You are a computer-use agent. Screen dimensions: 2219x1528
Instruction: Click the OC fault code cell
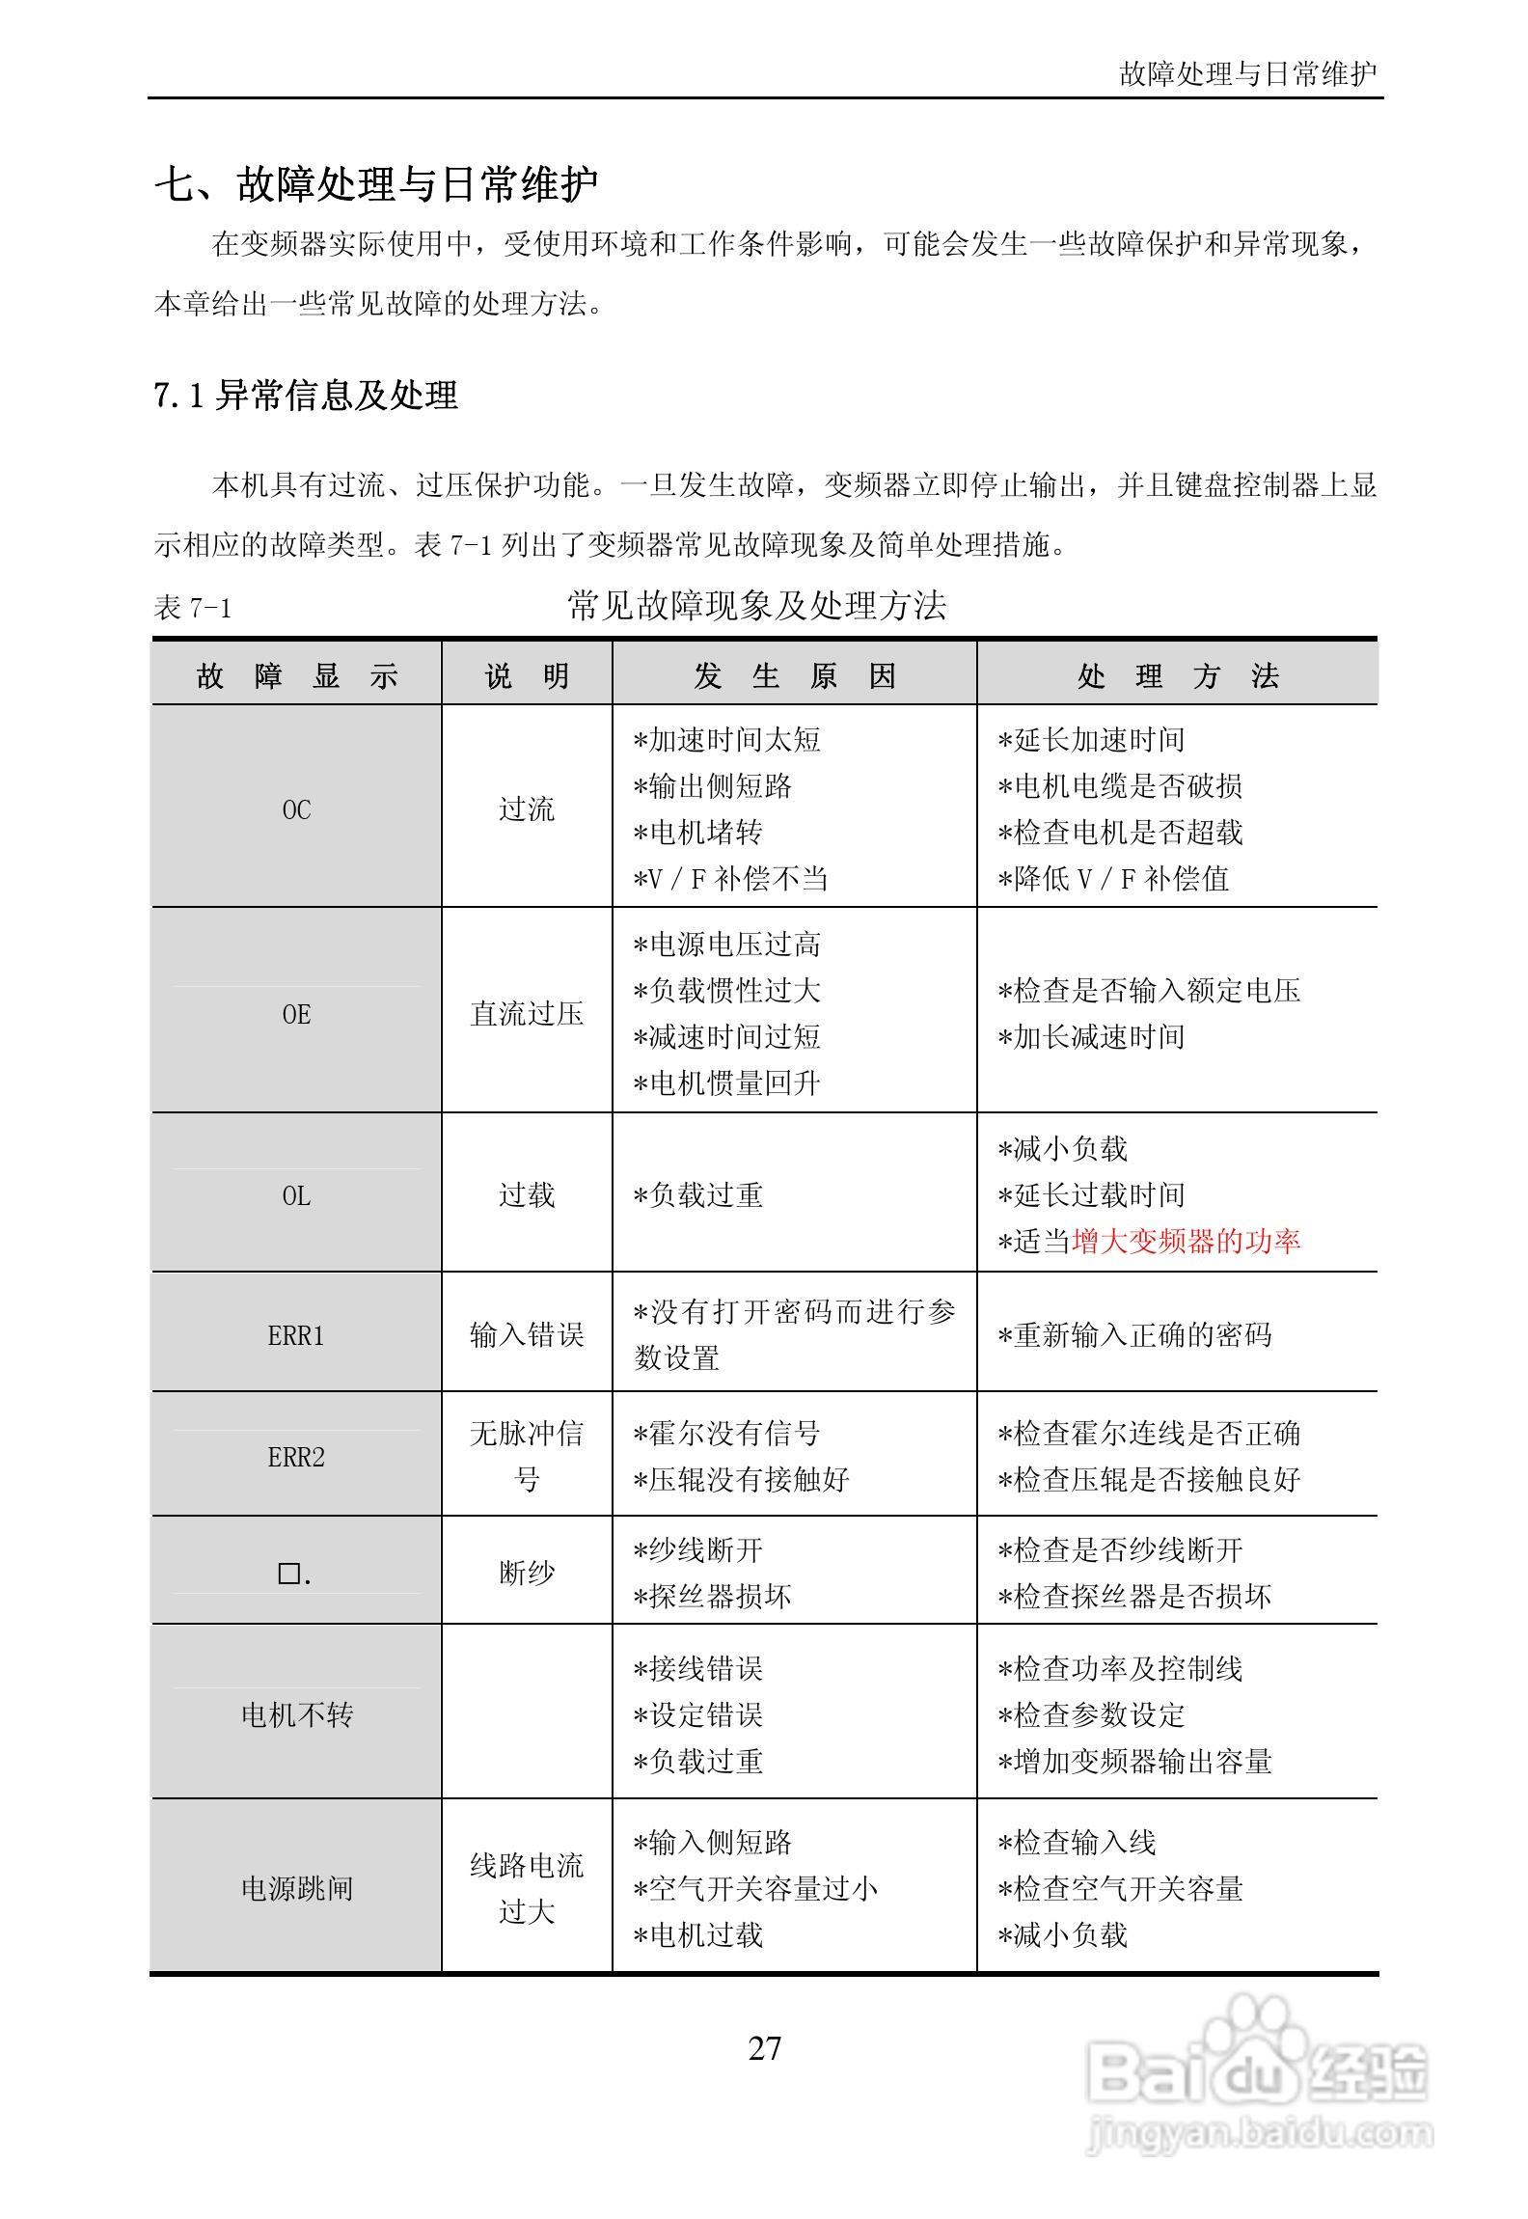coord(296,809)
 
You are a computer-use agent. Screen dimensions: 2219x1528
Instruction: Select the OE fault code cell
coord(296,1014)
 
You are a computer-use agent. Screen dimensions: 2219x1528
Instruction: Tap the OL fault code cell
coord(296,1195)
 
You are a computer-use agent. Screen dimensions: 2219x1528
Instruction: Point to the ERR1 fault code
coord(296,1335)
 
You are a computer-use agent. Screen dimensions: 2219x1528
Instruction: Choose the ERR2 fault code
coord(296,1457)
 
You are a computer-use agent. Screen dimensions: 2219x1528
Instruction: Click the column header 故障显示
coord(297,676)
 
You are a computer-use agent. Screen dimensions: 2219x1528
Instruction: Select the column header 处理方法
coord(1178,676)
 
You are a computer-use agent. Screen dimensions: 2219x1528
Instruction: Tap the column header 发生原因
coord(795,676)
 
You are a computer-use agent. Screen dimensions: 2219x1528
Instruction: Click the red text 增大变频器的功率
coord(1186,1241)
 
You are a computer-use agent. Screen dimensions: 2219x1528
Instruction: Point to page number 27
coord(764,2047)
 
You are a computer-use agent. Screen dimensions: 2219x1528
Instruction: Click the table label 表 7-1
coord(193,609)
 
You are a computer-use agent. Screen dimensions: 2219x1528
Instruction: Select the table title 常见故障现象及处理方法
coord(757,606)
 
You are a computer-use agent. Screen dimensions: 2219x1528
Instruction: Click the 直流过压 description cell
coord(527,1014)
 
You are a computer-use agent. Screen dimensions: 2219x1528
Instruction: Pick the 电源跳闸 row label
coord(296,1888)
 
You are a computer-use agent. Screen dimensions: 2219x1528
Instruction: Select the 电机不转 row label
coord(296,1714)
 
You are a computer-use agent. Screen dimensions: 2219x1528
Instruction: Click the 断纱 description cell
coord(527,1574)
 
